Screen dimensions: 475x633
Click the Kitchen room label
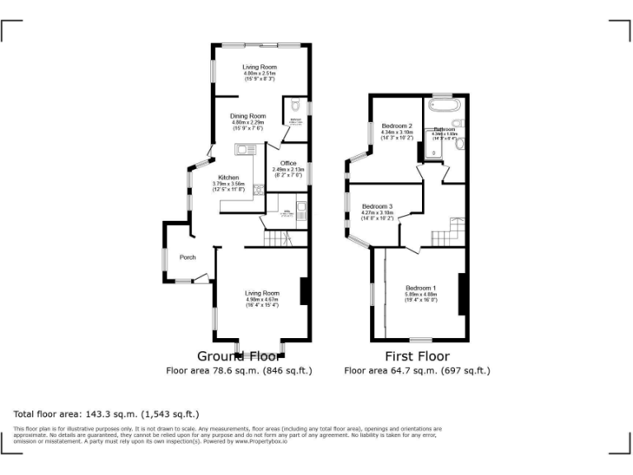tap(228, 178)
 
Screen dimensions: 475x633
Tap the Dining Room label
tap(248, 116)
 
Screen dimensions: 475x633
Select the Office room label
tap(288, 163)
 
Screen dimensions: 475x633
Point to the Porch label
tap(187, 256)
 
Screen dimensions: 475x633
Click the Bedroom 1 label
tap(420, 288)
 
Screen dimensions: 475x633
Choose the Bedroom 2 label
tap(396, 126)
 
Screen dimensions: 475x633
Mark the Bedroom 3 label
tap(377, 206)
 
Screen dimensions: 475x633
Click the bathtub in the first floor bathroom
tap(444, 107)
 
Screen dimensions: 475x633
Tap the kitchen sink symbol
tap(246, 150)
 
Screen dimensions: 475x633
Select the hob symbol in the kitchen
tap(259, 190)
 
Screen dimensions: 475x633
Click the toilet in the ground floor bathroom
tap(296, 106)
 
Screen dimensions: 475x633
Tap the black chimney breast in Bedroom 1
tap(462, 289)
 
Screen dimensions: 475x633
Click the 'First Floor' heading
tap(417, 356)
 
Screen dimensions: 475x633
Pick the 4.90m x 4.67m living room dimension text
tap(261, 299)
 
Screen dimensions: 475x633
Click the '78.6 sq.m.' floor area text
tap(238, 371)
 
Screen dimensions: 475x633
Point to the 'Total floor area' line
tap(106, 413)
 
